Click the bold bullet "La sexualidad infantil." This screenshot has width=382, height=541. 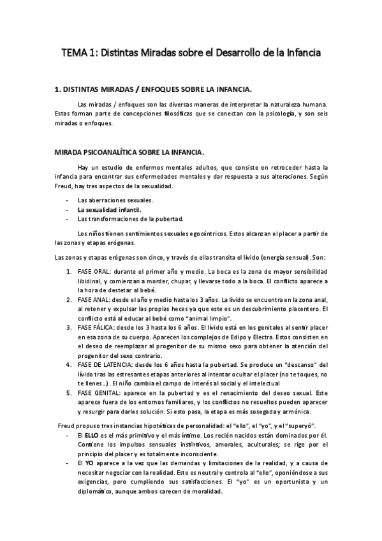pos(110,209)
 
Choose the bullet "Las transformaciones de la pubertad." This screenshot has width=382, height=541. pos(130,218)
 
